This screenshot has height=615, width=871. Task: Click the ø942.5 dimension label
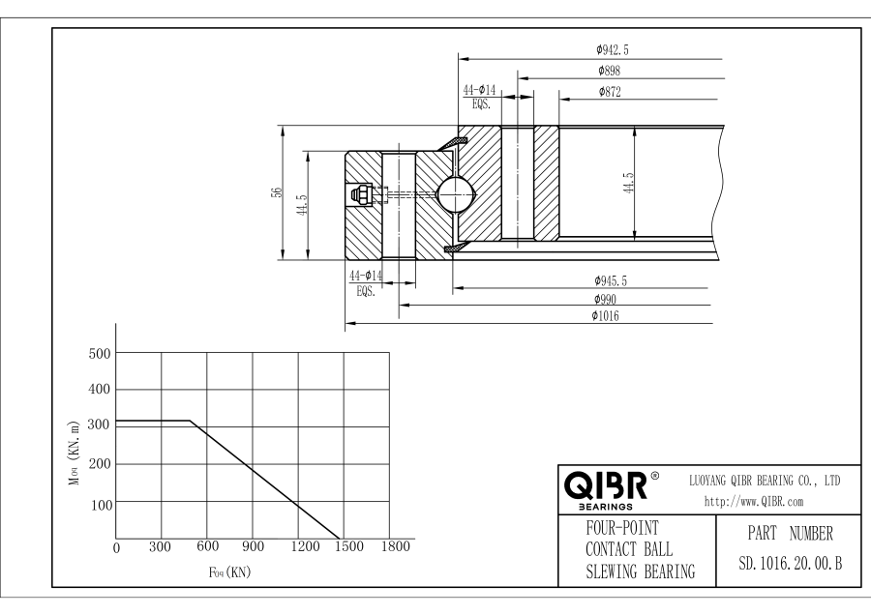click(x=612, y=50)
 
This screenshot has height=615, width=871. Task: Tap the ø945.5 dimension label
click(x=612, y=280)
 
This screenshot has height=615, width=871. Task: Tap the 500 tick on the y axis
click(x=100, y=353)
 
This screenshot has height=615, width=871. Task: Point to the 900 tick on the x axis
click(x=253, y=547)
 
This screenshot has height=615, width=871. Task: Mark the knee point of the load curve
click(x=190, y=421)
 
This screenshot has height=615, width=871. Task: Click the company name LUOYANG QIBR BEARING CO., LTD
click(x=764, y=480)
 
